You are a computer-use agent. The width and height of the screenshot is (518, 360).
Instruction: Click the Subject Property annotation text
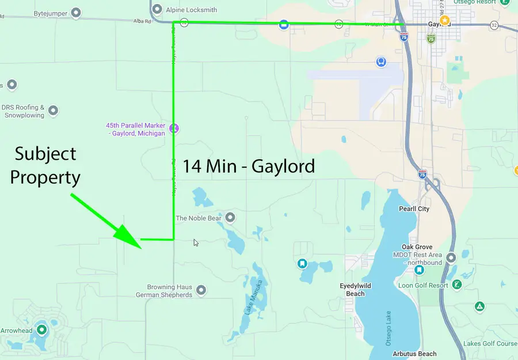[45, 165]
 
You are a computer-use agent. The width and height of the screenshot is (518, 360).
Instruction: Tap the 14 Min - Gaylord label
[249, 166]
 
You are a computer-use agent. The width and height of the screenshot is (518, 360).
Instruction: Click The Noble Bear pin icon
[230, 217]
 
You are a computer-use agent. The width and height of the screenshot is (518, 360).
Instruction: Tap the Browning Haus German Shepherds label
[164, 291]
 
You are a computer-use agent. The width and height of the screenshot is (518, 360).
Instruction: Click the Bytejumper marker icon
[76, 13]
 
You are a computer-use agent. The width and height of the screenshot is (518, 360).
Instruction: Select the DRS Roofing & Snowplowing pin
[53, 110]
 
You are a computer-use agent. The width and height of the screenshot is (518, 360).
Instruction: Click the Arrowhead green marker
[41, 330]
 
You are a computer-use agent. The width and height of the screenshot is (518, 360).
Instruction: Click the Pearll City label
[414, 209]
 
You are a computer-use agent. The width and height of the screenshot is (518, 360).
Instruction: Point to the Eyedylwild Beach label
[355, 290]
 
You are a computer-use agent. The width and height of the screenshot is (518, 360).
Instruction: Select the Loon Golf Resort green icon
[456, 285]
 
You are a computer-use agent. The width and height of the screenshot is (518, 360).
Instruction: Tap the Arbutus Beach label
[414, 354]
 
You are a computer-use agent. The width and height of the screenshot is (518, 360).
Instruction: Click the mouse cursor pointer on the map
[196, 242]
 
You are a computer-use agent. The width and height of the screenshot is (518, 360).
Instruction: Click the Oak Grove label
[417, 247]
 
